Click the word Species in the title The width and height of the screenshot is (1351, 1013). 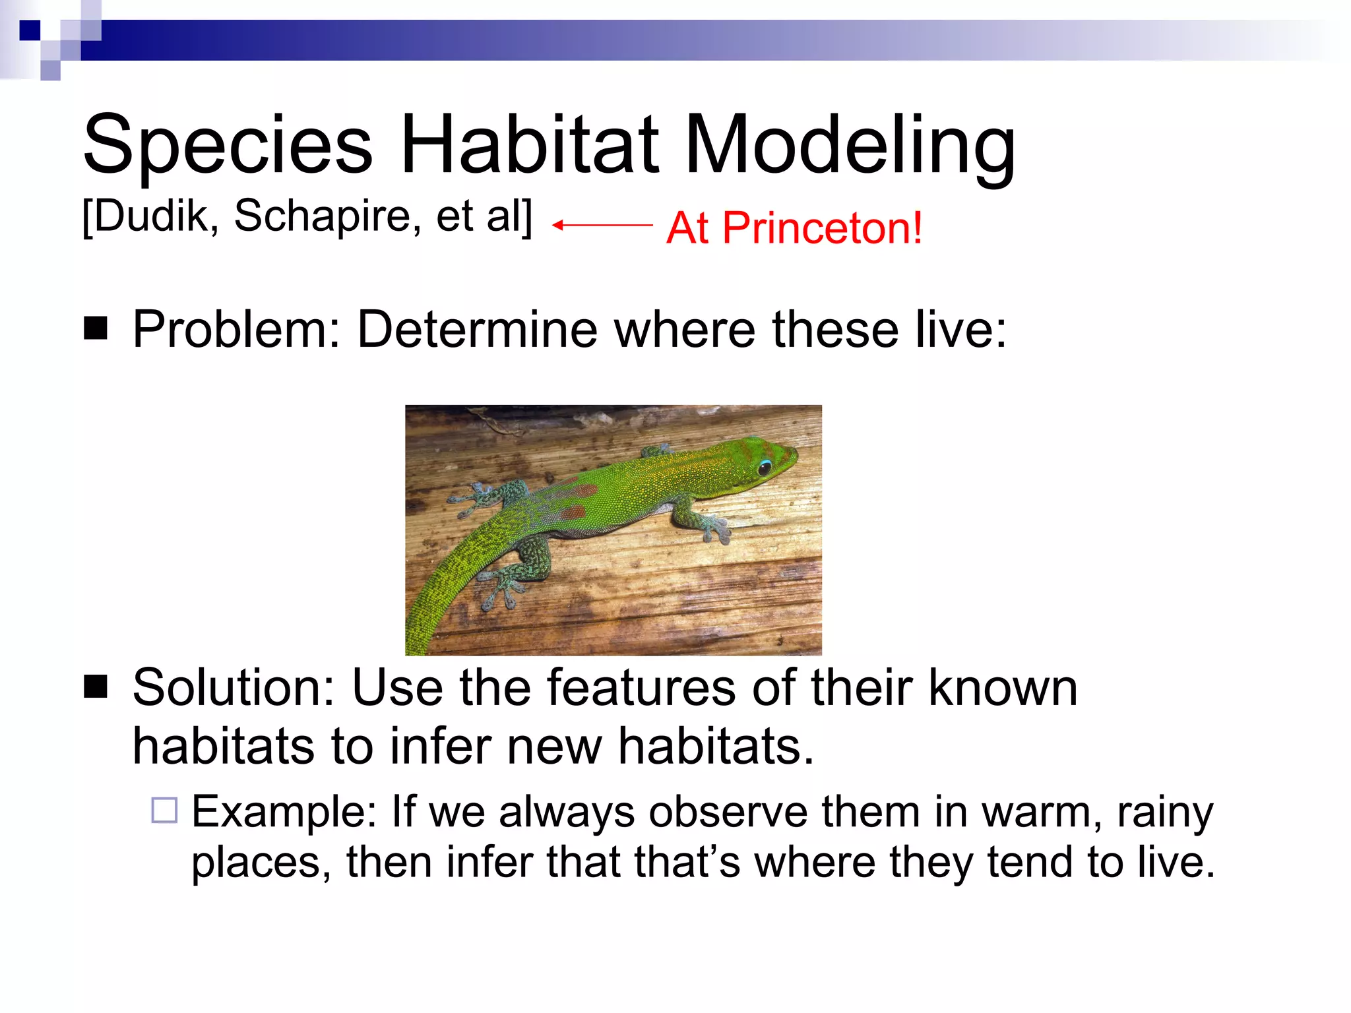[228, 145]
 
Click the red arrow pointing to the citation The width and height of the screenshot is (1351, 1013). [602, 225]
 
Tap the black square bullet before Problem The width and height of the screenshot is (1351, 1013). [96, 328]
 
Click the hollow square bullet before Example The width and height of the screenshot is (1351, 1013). [164, 810]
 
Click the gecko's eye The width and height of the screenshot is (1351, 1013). [765, 468]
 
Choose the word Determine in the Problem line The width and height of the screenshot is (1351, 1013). [476, 329]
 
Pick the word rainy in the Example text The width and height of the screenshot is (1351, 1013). [1164, 812]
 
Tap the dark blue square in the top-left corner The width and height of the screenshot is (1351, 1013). [30, 30]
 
